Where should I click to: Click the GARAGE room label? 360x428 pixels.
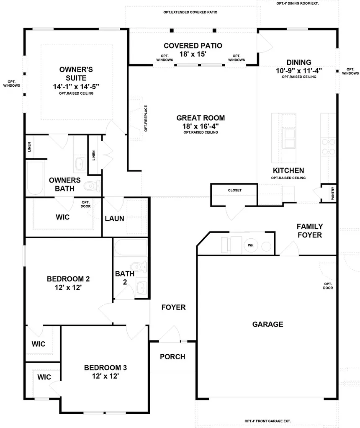click(x=267, y=324)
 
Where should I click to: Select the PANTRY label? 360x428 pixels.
click(x=332, y=193)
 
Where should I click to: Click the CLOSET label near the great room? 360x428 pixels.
click(x=234, y=190)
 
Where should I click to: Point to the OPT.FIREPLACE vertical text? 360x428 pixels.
click(x=146, y=119)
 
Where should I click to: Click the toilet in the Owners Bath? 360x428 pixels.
click(x=92, y=185)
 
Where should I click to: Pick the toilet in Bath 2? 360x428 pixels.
click(x=138, y=267)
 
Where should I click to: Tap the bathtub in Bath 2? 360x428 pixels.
click(x=131, y=248)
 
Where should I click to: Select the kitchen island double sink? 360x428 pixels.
click(x=289, y=139)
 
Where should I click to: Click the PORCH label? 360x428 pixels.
click(x=172, y=357)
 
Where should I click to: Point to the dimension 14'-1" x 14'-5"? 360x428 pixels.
click(x=76, y=86)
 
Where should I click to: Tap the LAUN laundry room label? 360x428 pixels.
click(x=114, y=218)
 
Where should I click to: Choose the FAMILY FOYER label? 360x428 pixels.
click(x=309, y=231)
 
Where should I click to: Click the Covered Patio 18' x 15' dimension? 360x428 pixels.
click(x=193, y=54)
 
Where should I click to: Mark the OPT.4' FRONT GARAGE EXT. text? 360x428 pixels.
click(x=267, y=421)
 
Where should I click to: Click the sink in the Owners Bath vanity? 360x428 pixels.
click(x=80, y=163)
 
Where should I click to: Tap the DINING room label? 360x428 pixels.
click(x=299, y=62)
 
